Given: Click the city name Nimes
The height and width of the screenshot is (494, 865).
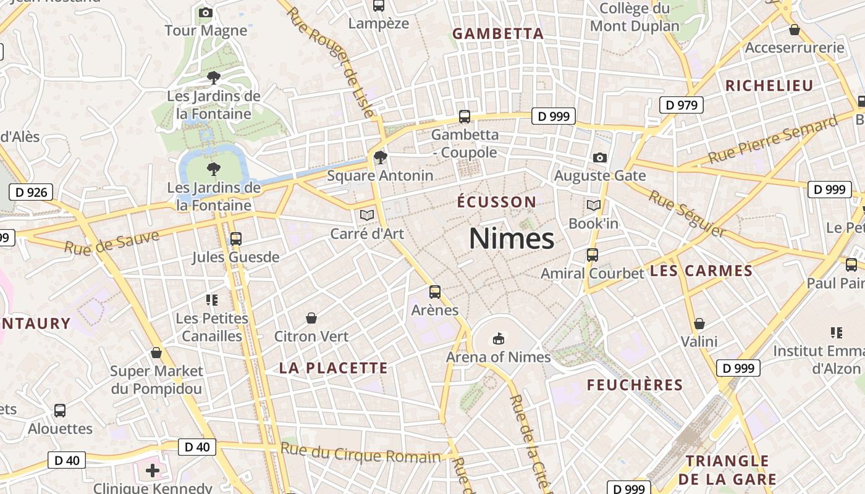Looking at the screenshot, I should [x=512, y=238].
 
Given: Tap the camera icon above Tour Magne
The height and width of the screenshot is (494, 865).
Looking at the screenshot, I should [x=206, y=12].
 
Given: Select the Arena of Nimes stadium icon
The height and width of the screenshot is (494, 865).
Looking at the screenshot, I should [x=499, y=339].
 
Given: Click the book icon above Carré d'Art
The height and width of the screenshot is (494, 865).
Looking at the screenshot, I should [x=367, y=215].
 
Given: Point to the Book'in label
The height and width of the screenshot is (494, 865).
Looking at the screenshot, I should [x=593, y=223].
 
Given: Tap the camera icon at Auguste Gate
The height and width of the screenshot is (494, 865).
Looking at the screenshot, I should [x=599, y=158].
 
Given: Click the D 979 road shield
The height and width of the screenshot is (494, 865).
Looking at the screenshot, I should [x=682, y=105].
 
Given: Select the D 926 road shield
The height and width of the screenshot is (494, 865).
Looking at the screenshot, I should [x=31, y=192].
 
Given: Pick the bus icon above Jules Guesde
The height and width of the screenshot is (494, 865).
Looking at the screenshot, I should [x=235, y=239].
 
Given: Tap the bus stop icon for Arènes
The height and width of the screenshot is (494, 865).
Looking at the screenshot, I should [x=435, y=292].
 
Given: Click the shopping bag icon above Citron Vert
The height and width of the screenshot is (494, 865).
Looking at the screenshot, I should [x=311, y=318].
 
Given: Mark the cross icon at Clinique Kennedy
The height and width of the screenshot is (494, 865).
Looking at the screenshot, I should [x=153, y=471].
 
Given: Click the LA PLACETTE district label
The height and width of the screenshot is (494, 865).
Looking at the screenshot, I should [x=334, y=368].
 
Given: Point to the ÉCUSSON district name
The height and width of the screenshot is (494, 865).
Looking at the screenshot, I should [x=497, y=202].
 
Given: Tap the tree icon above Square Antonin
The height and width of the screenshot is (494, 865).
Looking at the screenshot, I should [x=381, y=157].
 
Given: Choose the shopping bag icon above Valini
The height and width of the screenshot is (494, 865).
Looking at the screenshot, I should [x=699, y=324].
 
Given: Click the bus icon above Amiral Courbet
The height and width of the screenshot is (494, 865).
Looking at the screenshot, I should [x=593, y=254].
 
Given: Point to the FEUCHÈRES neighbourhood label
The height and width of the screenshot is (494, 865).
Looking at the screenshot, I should [x=635, y=385].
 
